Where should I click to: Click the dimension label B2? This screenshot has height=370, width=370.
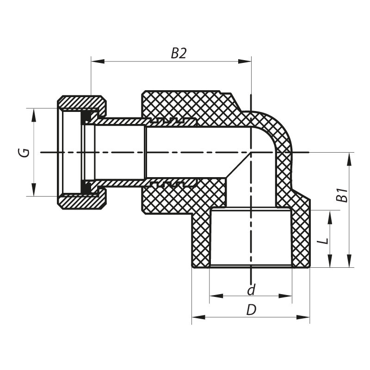tap(179, 54)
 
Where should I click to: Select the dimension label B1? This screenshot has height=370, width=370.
tap(342, 195)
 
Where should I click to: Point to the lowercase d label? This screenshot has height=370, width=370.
tap(251, 290)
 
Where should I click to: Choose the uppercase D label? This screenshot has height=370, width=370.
tap(251, 310)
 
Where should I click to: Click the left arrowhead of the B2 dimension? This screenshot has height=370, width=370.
tap(95, 61)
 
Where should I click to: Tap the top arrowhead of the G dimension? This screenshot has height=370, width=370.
tap(34, 112)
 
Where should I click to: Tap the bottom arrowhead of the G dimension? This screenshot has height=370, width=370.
tap(34, 192)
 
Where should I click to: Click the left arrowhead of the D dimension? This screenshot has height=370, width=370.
tap(196, 317)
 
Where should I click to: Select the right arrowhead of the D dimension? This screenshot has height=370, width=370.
tap(306, 317)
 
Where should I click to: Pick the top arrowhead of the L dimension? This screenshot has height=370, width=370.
tap(330, 215)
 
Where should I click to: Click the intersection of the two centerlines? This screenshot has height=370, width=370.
tap(251, 152)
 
